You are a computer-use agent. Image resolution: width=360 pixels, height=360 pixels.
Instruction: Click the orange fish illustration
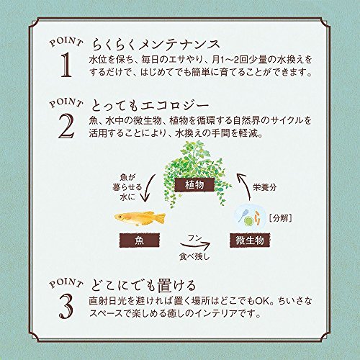(x=141, y=217)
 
